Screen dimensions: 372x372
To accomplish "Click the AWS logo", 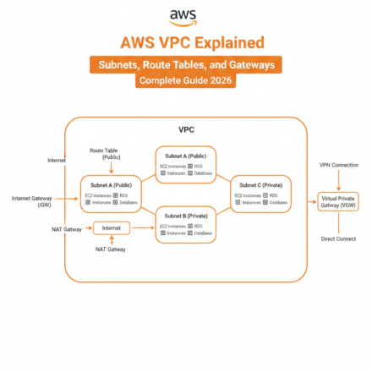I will [x=185, y=17].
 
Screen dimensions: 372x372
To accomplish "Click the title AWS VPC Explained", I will [x=185, y=42].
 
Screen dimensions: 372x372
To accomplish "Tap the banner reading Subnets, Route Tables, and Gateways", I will [x=185, y=63].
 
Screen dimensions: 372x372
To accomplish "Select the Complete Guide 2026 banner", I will [x=185, y=82].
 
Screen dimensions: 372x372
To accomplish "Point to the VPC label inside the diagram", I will [x=186, y=130].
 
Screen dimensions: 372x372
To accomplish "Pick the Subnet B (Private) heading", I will [x=186, y=216].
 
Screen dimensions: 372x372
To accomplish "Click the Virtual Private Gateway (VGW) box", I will [x=338, y=201].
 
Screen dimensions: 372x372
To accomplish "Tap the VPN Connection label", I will [x=338, y=165].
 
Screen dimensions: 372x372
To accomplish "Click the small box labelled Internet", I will [x=111, y=228].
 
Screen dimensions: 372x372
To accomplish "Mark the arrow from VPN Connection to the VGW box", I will [x=338, y=180].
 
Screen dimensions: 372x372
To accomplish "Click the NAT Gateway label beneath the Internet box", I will [x=111, y=249].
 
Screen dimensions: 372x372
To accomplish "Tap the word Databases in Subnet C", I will [x=277, y=204].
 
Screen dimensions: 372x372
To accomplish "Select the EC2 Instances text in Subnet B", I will [x=172, y=226].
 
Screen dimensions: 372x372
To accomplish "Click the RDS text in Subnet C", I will [x=274, y=195].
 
